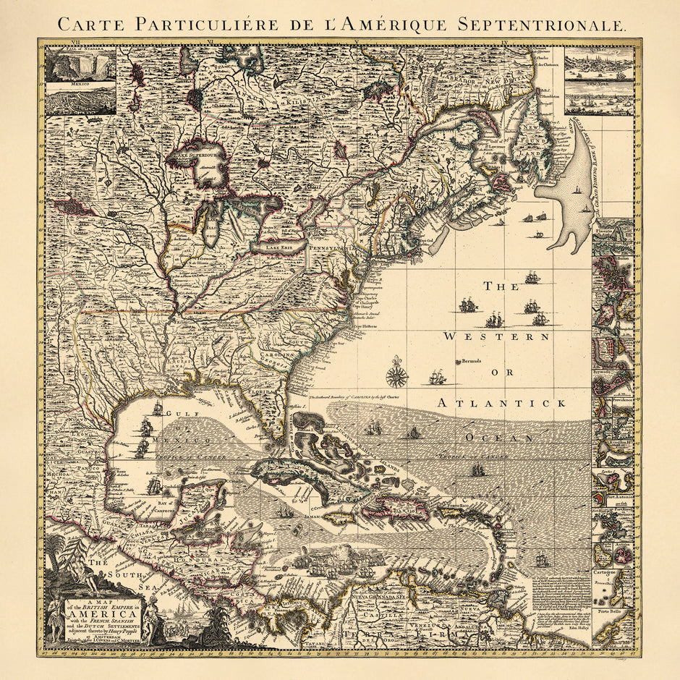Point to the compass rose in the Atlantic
point(396,373)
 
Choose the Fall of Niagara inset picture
point(80,65)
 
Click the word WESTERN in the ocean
point(496,336)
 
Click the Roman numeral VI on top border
point(209,43)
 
